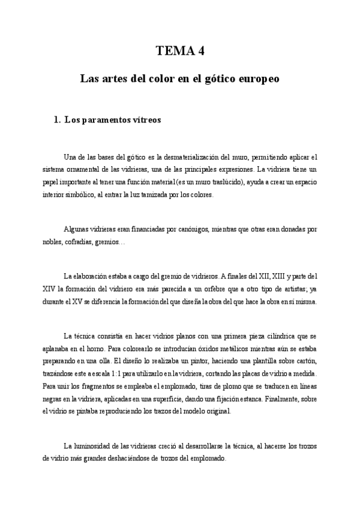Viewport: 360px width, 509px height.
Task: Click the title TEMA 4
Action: click(x=180, y=51)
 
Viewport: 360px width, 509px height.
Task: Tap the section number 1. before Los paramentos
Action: click(x=58, y=119)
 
